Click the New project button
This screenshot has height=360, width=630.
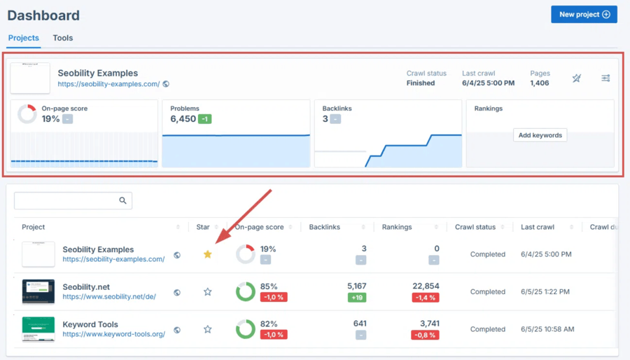(x=584, y=14)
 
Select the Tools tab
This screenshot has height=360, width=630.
(x=63, y=38)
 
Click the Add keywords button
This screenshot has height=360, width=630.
(x=540, y=135)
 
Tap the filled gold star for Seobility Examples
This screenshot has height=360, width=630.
(x=207, y=254)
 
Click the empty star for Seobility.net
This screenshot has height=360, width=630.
(x=207, y=291)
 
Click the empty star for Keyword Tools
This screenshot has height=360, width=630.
(x=207, y=329)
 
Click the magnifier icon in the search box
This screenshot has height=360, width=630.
(x=122, y=201)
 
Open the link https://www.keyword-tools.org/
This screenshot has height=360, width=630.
(x=113, y=334)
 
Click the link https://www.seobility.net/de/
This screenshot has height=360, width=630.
(x=109, y=296)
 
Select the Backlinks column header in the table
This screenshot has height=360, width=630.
(x=325, y=227)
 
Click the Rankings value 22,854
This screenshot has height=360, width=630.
(x=426, y=286)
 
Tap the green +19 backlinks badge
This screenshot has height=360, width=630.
(x=357, y=297)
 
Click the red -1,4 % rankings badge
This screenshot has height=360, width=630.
(x=426, y=297)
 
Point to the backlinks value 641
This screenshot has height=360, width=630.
(x=360, y=324)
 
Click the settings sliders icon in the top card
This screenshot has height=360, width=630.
(x=605, y=78)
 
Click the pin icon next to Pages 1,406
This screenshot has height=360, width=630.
(x=576, y=78)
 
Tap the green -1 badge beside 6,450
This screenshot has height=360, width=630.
(x=204, y=119)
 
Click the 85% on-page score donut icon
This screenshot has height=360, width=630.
(x=245, y=291)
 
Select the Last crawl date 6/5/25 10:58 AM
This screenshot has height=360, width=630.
(x=548, y=329)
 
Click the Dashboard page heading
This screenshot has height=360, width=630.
(x=43, y=15)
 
